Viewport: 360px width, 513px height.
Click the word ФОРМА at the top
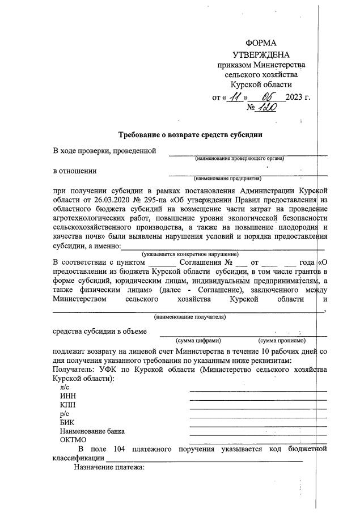(261, 44)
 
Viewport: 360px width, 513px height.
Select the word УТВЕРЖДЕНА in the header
(261, 54)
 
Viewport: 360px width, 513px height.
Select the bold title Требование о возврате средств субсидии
(190, 135)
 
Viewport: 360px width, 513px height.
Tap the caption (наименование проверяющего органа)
(240, 158)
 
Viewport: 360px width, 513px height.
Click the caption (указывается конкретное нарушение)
(190, 254)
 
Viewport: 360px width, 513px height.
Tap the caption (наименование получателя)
(190, 317)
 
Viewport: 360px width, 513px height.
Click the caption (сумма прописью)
(282, 341)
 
